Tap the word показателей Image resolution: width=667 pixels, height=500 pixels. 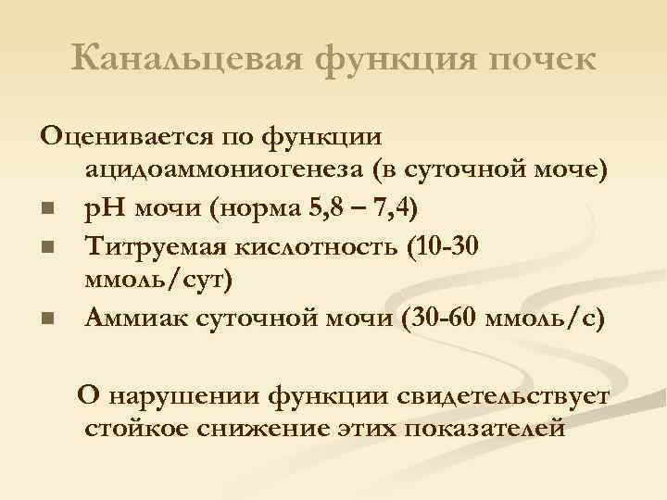pyautogui.click(x=469, y=428)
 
